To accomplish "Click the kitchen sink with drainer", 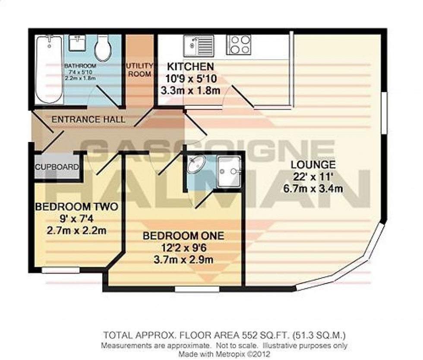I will [x=198, y=44].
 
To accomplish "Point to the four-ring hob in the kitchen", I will [x=239, y=44].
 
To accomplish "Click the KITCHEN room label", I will [x=190, y=67].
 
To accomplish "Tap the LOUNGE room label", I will [x=313, y=164].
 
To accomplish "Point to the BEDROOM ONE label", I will [x=183, y=236].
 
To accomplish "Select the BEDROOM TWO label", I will [x=76, y=207].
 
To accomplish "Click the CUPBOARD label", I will [x=57, y=167].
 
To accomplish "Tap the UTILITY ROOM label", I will [x=139, y=70].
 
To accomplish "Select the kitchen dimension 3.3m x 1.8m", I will [x=190, y=91].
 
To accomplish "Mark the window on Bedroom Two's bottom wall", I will [x=61, y=271].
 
